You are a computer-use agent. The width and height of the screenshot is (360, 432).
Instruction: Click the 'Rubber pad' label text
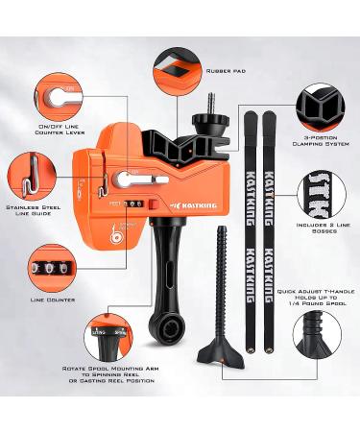226,70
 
